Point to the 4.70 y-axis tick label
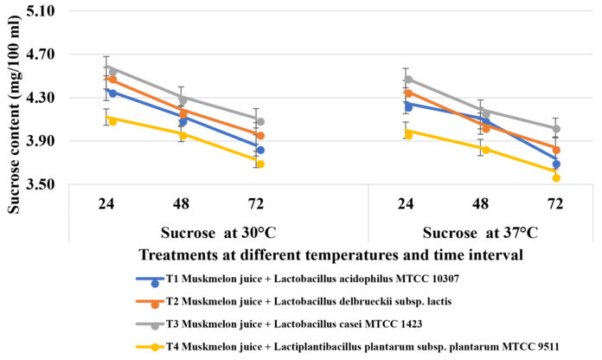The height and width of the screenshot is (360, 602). (x=39, y=54)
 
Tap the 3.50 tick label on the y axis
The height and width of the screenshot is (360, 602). (x=39, y=184)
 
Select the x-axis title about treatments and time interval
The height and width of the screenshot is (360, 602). (x=330, y=255)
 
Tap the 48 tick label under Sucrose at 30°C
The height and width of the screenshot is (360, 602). (x=183, y=205)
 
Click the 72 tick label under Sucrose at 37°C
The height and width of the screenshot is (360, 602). (x=555, y=205)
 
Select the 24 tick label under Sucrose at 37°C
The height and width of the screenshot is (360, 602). (x=407, y=205)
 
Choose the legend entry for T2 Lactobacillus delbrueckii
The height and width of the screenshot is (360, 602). (x=286, y=302)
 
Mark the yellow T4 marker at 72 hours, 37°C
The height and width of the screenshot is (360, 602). (x=556, y=178)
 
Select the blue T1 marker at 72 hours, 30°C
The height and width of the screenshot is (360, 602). (x=259, y=151)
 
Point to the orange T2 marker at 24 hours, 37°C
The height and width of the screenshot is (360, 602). (x=407, y=93)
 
